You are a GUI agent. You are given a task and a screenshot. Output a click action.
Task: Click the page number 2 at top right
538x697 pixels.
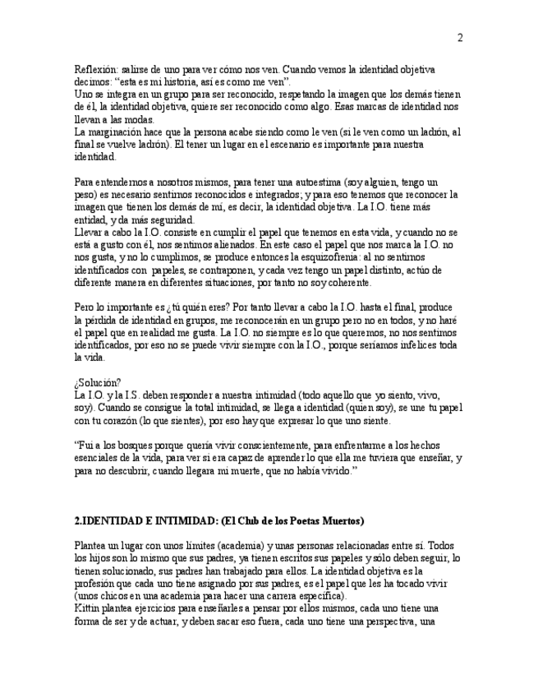[x=460, y=37]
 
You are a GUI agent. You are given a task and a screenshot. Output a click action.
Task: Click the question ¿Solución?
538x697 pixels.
[x=98, y=382]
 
